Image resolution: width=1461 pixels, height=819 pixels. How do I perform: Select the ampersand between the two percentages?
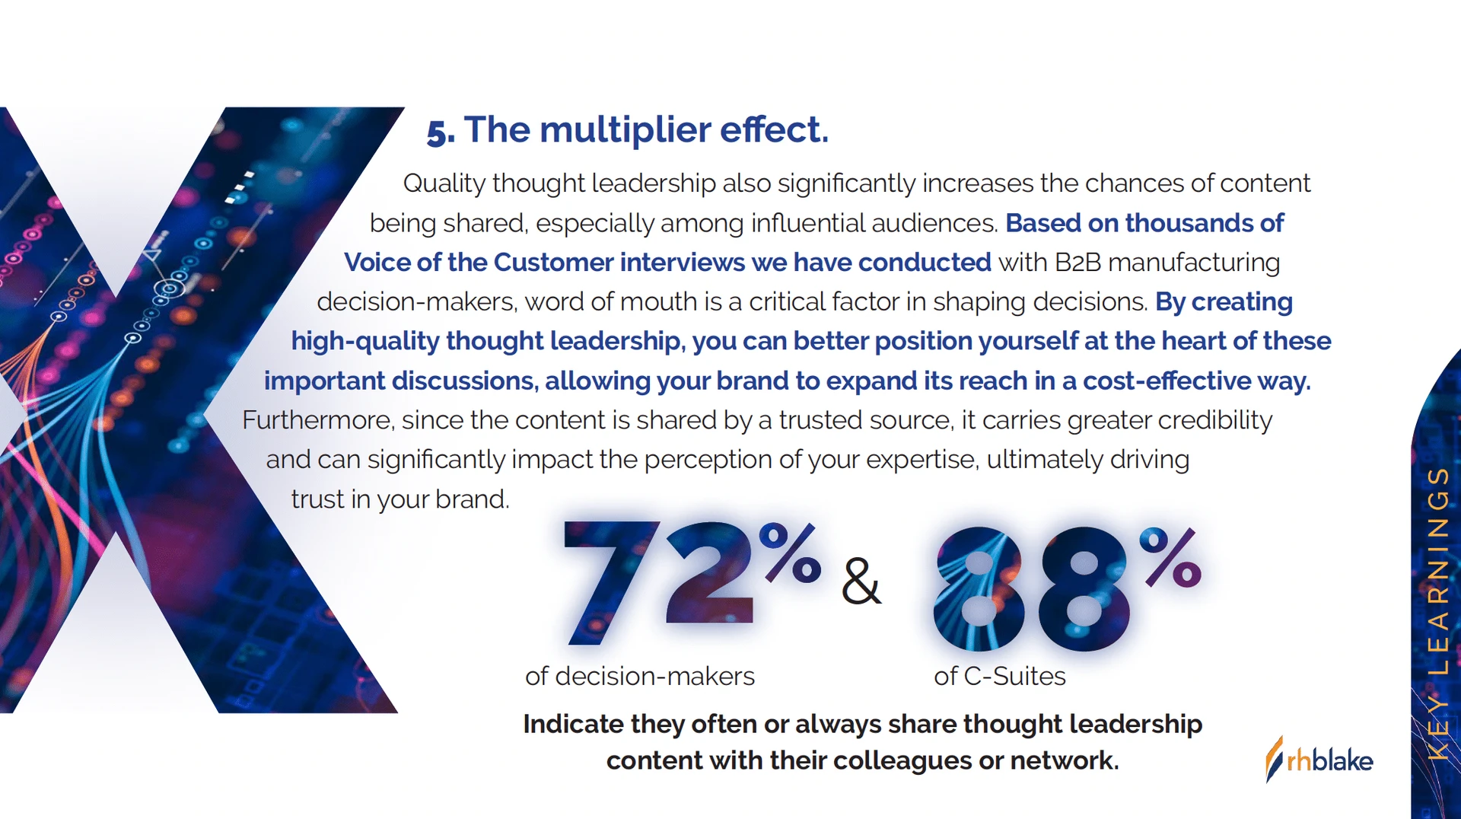861,582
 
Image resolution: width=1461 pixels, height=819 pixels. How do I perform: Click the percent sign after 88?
1170,558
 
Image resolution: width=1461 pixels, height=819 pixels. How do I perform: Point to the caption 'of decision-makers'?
640,676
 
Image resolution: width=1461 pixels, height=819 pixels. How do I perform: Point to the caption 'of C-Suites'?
1000,676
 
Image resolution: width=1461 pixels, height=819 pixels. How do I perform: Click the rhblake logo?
1319,760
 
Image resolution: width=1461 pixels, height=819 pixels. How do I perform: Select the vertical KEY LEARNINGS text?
1437,613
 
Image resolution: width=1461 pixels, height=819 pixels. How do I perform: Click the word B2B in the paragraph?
1078,263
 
